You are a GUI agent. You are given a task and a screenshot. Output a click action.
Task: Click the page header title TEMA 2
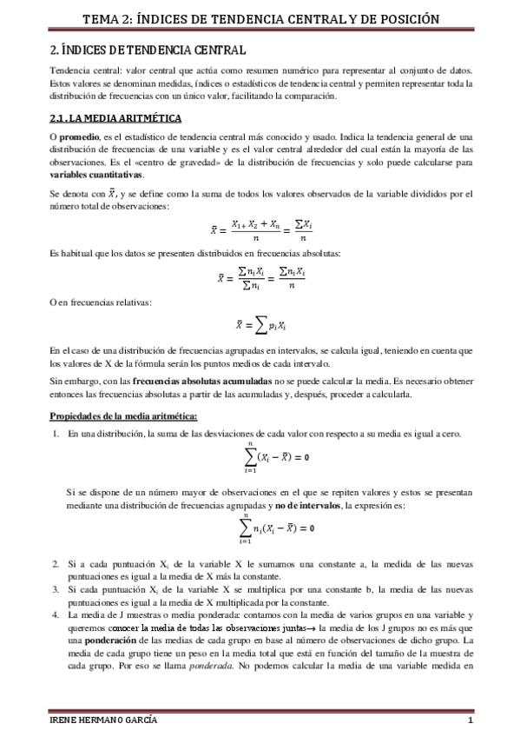260,18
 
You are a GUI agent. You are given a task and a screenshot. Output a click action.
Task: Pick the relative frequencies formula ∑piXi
260,325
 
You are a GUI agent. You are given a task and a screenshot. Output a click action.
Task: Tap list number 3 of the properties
55,590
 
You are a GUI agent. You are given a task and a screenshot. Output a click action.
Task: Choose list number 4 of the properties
55,614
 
